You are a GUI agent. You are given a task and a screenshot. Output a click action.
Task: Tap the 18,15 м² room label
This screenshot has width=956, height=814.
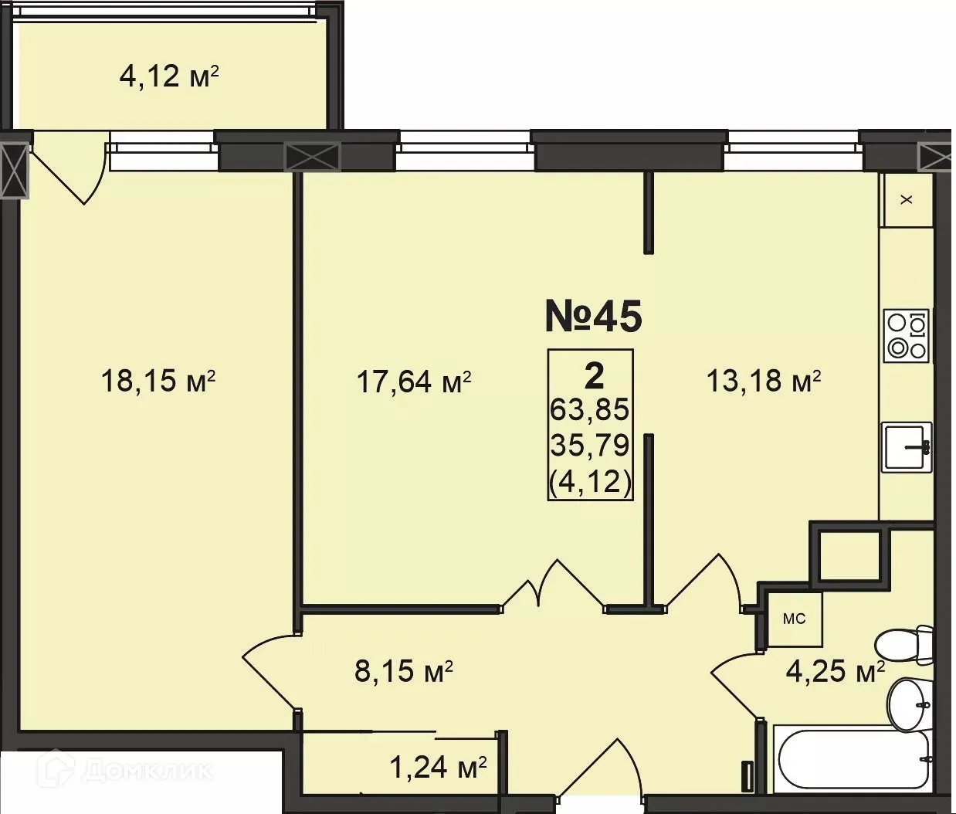coord(158,381)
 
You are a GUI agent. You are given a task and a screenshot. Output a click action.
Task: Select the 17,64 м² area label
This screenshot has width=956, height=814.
coord(413,382)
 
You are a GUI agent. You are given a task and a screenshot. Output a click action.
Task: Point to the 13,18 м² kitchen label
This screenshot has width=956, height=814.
coord(763,381)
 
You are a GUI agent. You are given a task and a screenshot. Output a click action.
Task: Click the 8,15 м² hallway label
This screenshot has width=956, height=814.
coord(403,671)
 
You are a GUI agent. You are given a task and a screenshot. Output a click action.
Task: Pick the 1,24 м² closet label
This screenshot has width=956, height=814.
coord(437,768)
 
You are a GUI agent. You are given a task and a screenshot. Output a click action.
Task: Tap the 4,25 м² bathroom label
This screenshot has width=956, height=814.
coord(834,671)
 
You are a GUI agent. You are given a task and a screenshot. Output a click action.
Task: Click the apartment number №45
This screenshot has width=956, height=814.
coord(593,316)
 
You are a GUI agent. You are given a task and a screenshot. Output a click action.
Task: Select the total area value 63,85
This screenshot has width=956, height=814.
coord(590,409)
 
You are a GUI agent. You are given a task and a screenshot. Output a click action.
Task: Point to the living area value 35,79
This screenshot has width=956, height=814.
coord(590,445)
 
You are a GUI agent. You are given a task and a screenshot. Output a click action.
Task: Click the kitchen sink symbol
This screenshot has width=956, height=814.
coord(907,447)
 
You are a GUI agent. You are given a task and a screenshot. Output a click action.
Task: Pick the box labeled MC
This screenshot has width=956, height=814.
coord(794,619)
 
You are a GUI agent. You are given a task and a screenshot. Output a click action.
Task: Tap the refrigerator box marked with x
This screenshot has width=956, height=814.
coord(907,199)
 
